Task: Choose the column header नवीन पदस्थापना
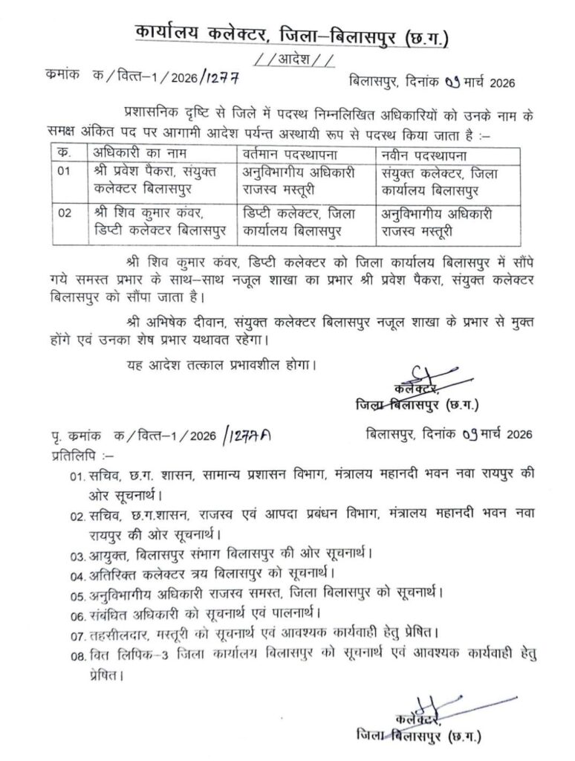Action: [x=426, y=153]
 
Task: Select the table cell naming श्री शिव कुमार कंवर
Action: [x=148, y=221]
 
